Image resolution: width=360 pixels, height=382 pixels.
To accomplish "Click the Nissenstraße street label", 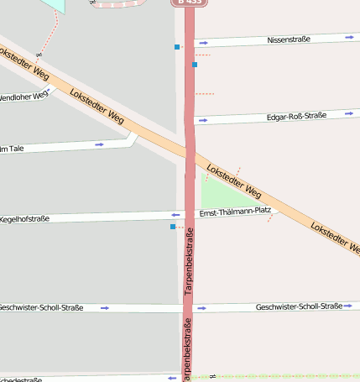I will [x=290, y=40].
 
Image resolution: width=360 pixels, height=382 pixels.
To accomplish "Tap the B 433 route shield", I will [x=189, y=3].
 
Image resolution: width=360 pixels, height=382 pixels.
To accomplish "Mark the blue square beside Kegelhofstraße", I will [x=173, y=227].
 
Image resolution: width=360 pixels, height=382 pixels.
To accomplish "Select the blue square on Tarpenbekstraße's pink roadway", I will [x=195, y=65].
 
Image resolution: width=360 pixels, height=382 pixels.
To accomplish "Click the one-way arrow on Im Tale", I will [x=99, y=144].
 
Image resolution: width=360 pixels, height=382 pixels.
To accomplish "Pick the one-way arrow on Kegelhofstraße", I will [x=175, y=215].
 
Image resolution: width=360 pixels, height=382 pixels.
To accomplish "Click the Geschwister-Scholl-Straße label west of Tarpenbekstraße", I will [x=42, y=307].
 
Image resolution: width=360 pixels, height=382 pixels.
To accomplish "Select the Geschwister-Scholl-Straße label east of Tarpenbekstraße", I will [x=299, y=307].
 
